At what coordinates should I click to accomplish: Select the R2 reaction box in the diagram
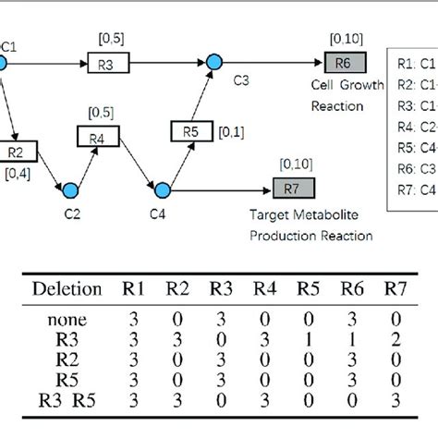tap(17, 150)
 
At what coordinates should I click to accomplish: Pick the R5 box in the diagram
tap(189, 132)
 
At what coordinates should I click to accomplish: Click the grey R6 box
tap(343, 62)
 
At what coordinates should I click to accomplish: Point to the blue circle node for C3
tap(214, 62)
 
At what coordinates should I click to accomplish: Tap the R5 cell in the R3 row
tap(305, 339)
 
